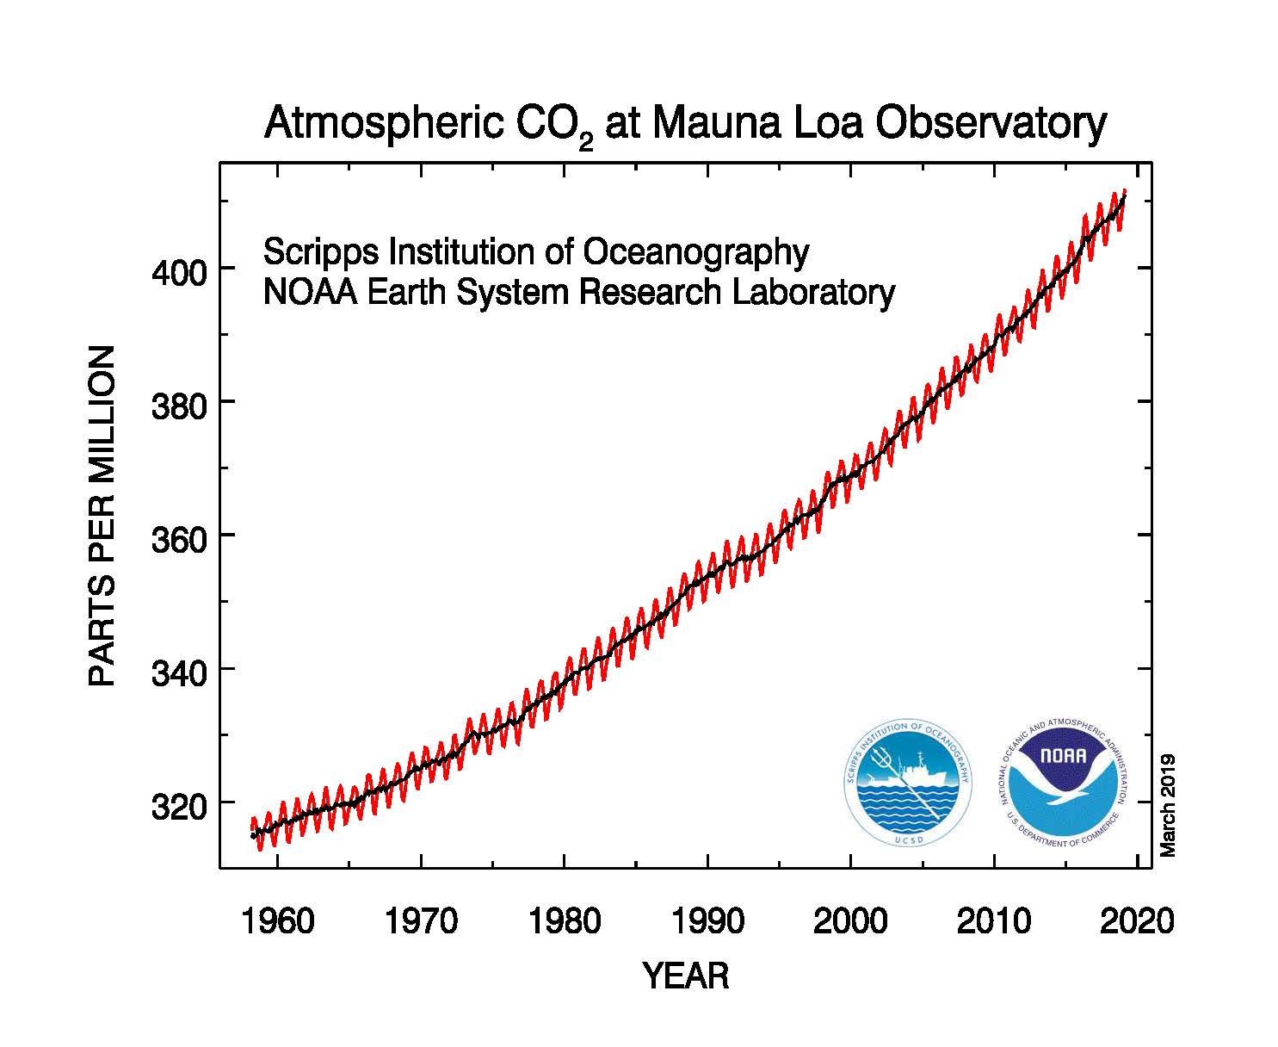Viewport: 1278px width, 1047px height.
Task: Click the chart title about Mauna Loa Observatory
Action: [x=684, y=124]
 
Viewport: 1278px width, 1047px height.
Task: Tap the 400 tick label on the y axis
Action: [x=179, y=274]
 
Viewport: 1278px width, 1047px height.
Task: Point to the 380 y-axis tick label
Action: [x=179, y=406]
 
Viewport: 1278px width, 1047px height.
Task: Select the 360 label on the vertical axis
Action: [x=179, y=540]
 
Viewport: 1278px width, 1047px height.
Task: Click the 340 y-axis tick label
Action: [x=179, y=673]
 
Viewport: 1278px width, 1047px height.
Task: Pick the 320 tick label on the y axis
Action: [x=179, y=807]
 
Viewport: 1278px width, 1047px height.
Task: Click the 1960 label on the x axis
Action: [x=278, y=921]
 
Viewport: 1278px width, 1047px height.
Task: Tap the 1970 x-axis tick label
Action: [x=421, y=921]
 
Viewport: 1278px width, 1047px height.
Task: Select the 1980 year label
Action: [x=565, y=921]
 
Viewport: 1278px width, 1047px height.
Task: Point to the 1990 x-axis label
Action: [x=707, y=921]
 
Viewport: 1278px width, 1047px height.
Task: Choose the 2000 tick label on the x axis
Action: [x=850, y=921]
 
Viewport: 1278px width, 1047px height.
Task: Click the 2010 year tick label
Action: [x=994, y=921]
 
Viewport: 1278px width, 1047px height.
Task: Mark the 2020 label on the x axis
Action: [x=1137, y=921]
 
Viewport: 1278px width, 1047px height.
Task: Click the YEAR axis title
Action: [x=686, y=976]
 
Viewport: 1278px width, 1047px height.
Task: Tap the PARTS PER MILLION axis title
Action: [x=102, y=516]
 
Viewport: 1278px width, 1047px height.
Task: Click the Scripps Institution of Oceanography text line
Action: [x=535, y=252]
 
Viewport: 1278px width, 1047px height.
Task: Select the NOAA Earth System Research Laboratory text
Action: [x=578, y=293]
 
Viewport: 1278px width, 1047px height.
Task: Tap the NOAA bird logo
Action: [x=1063, y=783]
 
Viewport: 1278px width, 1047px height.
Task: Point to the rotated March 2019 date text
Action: [x=1168, y=805]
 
